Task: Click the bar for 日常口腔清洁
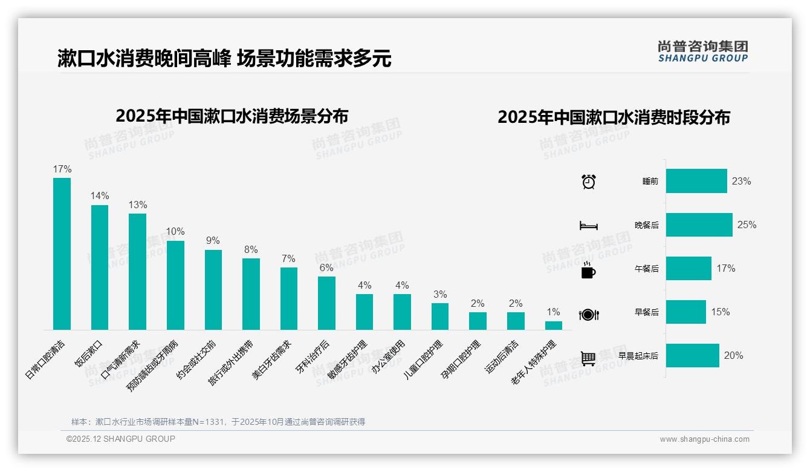point(62,254)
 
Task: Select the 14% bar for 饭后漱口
point(100,267)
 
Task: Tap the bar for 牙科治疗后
point(326,303)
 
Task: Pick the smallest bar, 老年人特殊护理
point(553,325)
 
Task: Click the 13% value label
point(137,205)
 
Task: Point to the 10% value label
point(175,232)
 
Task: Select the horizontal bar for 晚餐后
point(699,225)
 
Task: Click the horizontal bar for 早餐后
point(685,312)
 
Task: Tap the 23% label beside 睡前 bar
point(741,181)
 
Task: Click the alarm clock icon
point(588,182)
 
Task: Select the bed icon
point(588,226)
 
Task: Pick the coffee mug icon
point(588,270)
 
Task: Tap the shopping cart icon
point(588,358)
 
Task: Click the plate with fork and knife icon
point(588,315)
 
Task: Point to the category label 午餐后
point(647,269)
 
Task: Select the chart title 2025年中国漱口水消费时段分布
point(614,117)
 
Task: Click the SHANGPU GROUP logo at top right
point(702,51)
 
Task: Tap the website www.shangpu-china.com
point(704,439)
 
